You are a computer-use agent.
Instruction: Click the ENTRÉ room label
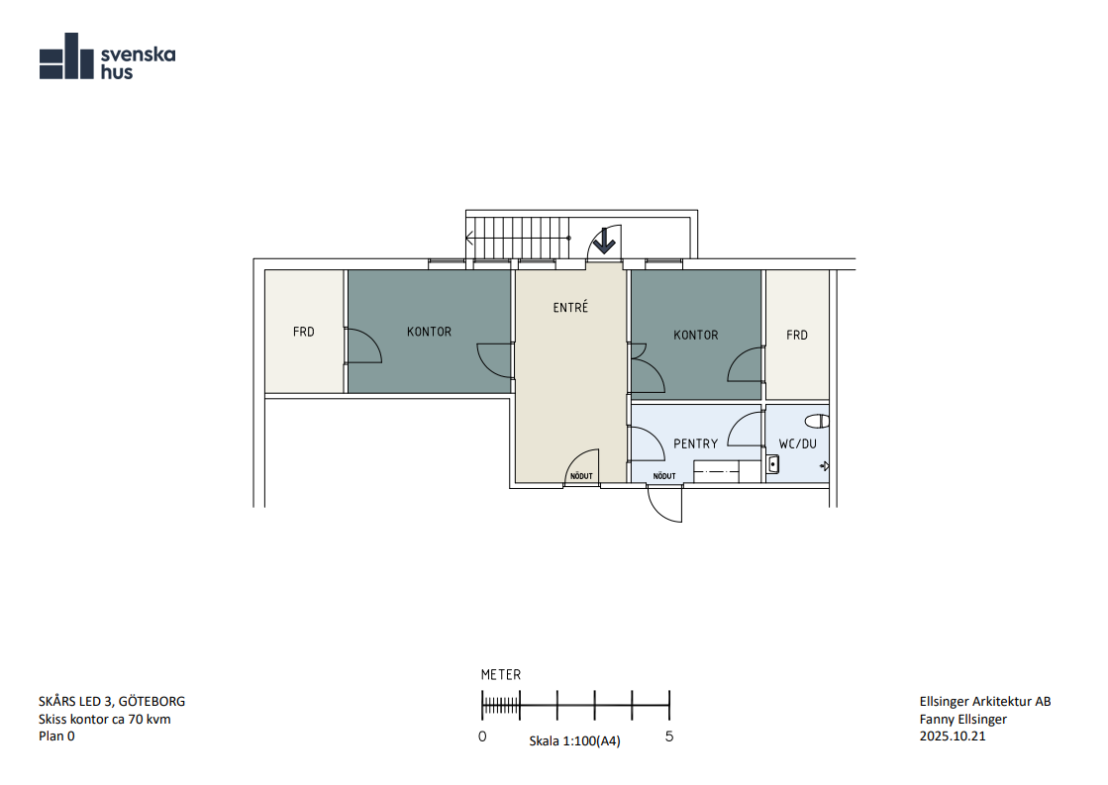point(570,307)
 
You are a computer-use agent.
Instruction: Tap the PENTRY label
point(695,443)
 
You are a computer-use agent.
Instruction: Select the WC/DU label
point(798,443)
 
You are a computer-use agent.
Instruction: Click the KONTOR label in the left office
point(429,332)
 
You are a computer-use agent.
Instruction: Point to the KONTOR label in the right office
point(695,335)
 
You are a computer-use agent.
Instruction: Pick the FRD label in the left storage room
point(304,332)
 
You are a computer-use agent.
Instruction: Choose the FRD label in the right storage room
point(797,335)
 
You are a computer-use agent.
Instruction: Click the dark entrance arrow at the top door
point(603,241)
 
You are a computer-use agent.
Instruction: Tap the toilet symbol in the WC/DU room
point(818,421)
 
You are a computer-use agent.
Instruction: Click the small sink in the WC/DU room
point(773,464)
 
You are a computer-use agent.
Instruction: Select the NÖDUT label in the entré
point(581,476)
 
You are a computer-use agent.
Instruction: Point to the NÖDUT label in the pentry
point(664,476)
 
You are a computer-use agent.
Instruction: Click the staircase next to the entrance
point(521,239)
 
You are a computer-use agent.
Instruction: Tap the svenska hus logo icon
point(66,55)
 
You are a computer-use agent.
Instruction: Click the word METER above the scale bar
point(501,675)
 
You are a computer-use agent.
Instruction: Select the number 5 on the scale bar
point(669,736)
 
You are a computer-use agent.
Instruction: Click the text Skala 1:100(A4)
point(574,741)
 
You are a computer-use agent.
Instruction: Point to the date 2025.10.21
point(953,736)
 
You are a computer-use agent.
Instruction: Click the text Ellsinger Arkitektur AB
point(985,702)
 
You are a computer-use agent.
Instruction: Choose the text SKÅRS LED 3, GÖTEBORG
point(112,702)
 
